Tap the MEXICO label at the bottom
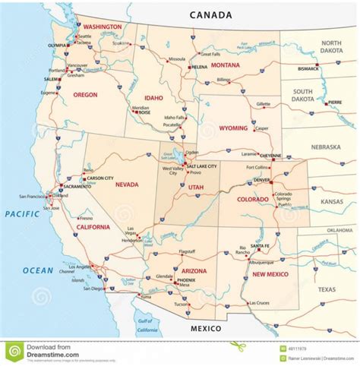pyautogui.click(x=204, y=329)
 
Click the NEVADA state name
pyautogui.click(x=125, y=184)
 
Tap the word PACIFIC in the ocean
pyautogui.click(x=23, y=214)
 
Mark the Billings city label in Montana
pyautogui.click(x=223, y=80)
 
